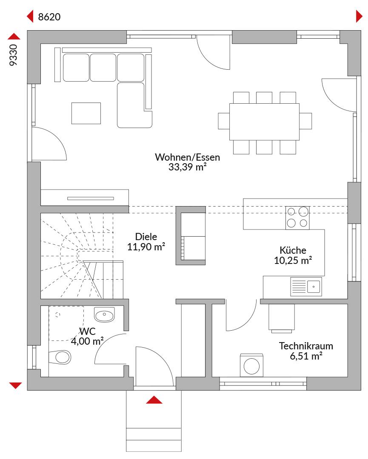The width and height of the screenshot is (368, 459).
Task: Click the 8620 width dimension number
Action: [49, 17]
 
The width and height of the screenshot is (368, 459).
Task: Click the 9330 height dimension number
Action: [14, 55]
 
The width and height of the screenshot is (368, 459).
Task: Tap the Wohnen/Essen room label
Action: [188, 157]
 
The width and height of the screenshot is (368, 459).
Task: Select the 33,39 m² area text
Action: [188, 167]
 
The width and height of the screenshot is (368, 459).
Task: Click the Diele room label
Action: [146, 237]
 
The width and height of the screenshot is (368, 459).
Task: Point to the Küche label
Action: [293, 250]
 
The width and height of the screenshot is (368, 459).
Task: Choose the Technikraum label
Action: [306, 346]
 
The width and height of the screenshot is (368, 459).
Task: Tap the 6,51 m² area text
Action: [306, 356]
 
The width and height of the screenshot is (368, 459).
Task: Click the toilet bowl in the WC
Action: [60, 357]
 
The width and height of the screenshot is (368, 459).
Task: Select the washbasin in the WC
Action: [104, 314]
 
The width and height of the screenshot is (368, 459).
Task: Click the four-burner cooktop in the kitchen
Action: [297, 218]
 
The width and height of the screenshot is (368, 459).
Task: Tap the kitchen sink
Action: [306, 286]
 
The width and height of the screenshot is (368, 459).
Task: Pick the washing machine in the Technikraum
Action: [251, 365]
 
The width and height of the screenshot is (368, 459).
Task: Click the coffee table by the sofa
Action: [86, 113]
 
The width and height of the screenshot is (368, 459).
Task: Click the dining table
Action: [264, 122]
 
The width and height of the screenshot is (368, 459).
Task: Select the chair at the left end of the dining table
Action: [224, 121]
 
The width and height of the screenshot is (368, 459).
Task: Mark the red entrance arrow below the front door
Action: [154, 400]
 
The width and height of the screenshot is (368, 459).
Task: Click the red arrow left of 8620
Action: [30, 17]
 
